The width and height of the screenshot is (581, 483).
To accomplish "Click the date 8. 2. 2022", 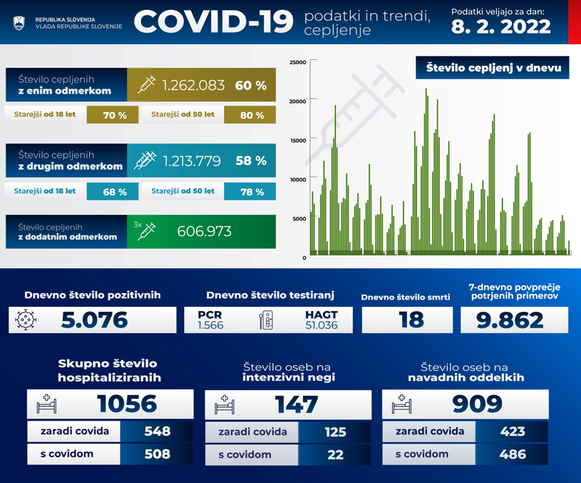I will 500,27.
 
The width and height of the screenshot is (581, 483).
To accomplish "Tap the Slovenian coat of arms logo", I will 19,23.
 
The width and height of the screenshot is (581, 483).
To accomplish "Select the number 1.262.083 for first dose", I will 193,86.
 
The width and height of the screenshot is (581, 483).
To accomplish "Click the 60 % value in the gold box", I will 250,86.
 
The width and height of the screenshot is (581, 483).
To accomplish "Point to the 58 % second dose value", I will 250,161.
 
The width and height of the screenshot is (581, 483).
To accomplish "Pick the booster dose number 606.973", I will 204,232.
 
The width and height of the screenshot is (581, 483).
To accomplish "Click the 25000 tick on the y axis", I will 298,63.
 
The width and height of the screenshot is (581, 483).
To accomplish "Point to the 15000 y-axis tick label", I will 298,141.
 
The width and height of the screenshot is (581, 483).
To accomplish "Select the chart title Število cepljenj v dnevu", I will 493,68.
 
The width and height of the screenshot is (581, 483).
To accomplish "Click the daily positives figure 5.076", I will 94,320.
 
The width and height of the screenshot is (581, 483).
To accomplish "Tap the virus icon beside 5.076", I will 26,320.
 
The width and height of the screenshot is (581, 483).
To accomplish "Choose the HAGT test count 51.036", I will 321,325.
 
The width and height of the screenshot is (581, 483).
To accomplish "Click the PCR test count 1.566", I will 210,325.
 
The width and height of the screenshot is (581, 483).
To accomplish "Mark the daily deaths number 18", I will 411,320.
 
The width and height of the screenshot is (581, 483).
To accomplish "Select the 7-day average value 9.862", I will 510,320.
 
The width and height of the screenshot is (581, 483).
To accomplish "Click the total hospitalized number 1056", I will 127,404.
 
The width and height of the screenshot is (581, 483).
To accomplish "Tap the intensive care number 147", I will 297,405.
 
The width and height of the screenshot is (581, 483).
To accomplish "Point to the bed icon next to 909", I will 402,405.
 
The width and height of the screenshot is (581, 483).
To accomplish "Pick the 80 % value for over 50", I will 252,115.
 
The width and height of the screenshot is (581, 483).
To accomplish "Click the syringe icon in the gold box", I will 146,86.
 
